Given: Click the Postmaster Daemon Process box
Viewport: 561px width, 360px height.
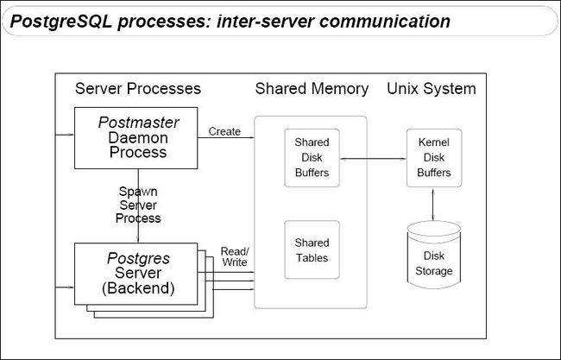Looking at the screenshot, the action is (x=136, y=138).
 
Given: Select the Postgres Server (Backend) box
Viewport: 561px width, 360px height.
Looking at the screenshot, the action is (x=136, y=275).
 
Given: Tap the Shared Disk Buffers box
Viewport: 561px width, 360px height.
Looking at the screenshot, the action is (x=312, y=158).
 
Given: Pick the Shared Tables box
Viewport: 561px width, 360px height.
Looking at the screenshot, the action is (x=312, y=249).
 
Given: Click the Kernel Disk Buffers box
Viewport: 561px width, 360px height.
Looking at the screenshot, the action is (x=434, y=158).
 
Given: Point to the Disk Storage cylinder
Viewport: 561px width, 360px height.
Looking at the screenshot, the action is (x=434, y=255).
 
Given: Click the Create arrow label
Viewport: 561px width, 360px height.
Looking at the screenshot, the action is (x=224, y=131).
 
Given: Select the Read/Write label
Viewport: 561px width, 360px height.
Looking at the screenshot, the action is (x=235, y=256).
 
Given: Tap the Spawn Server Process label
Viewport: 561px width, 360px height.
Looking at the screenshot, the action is (x=138, y=205).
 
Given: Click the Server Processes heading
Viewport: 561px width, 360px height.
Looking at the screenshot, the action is (x=138, y=89).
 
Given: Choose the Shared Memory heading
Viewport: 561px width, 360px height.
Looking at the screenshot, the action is (x=312, y=89).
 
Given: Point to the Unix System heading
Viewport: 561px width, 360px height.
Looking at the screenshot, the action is (x=432, y=89).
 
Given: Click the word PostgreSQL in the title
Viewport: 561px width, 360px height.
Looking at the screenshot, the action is (x=61, y=22).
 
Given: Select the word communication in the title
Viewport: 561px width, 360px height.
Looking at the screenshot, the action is (x=385, y=21).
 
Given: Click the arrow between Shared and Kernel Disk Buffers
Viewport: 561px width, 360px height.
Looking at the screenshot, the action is (x=373, y=159).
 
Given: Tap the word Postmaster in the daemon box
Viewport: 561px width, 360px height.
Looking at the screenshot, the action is (x=138, y=123).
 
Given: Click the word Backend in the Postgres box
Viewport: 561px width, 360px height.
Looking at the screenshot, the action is (x=138, y=288).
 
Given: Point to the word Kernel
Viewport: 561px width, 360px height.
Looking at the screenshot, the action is (x=434, y=142).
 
